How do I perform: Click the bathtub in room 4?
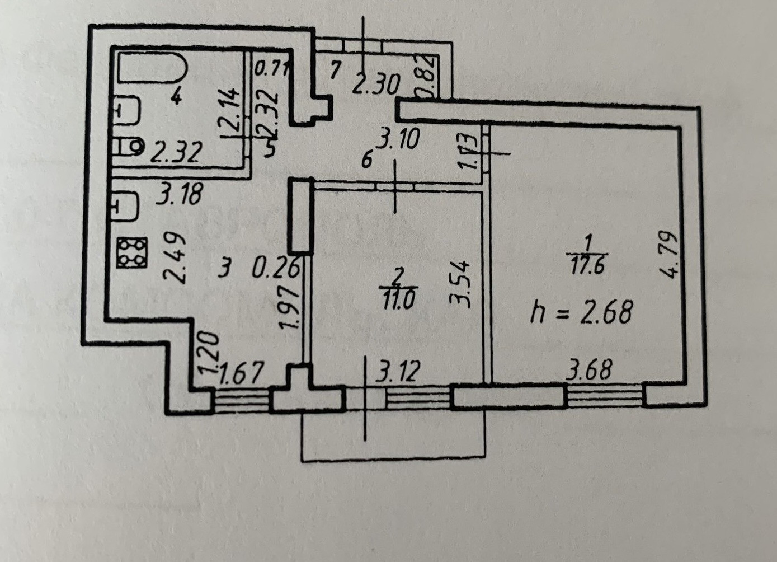point(152,68)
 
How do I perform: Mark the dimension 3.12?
point(398,371)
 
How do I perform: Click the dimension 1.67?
point(241,373)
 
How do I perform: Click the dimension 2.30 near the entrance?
point(376,85)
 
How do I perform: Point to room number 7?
point(335,71)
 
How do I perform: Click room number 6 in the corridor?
point(366,161)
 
